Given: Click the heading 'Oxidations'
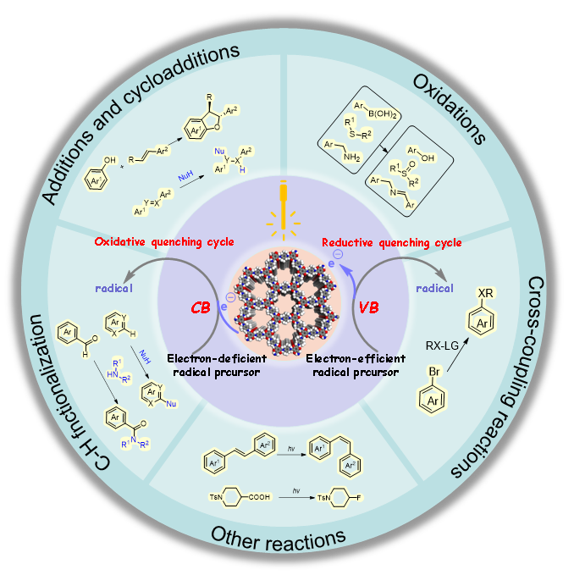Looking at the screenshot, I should click(449, 107).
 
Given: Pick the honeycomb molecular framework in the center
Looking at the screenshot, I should click(287, 301).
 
